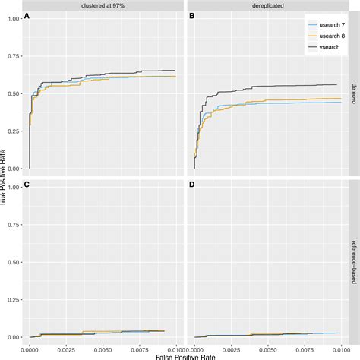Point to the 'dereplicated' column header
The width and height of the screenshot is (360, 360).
pyautogui.click(x=265, y=5)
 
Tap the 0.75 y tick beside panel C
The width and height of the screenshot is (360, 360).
pyautogui.click(x=14, y=223)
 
